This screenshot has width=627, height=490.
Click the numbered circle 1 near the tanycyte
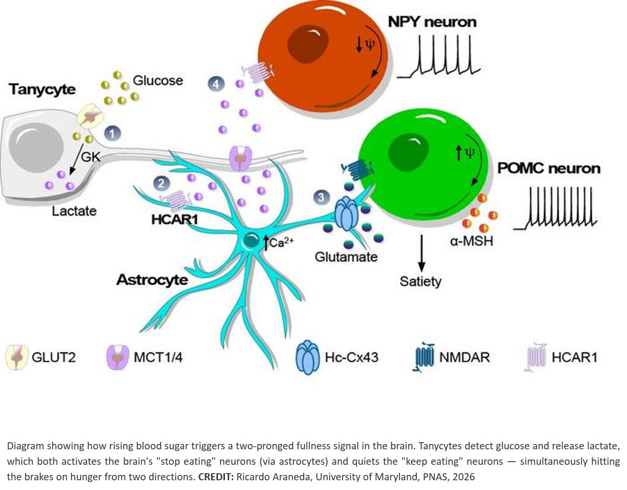click(112, 133)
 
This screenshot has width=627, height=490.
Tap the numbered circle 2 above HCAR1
click(161, 183)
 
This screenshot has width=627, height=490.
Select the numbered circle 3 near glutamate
click(321, 197)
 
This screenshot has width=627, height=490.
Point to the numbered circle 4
click(216, 84)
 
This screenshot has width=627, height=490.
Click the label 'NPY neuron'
click(432, 22)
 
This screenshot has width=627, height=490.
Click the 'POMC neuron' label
click(548, 168)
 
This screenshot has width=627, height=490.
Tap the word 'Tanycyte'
click(42, 89)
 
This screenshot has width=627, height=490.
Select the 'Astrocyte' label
click(152, 279)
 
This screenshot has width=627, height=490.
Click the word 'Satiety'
click(420, 281)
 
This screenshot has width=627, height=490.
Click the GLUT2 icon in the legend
click(16, 357)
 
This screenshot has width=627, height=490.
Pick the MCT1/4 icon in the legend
click(118, 357)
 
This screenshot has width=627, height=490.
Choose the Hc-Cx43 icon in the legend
click(307, 357)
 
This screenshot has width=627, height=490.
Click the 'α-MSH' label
click(471, 241)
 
